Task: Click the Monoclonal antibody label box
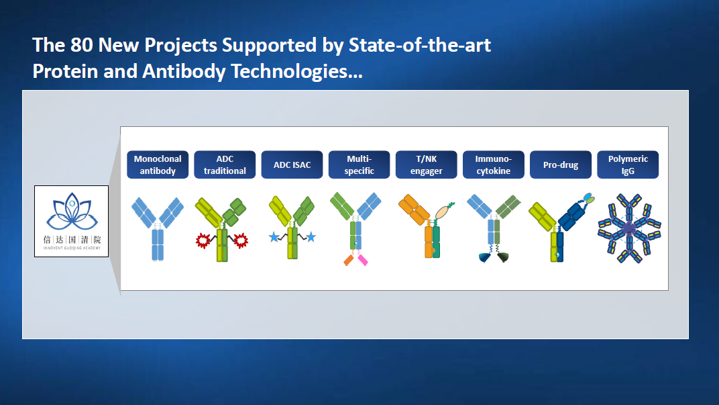[157, 165]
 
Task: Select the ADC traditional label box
[225, 165]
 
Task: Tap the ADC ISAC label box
[292, 165]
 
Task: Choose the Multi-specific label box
[359, 165]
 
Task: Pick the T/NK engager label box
[427, 165]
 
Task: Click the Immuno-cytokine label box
[494, 165]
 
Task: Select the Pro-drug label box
[561, 165]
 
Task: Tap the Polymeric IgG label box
[628, 165]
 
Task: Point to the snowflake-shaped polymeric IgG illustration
[629, 228]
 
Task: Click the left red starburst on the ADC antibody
[203, 240]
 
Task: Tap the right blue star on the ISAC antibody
[311, 237]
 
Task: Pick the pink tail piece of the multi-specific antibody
[363, 260]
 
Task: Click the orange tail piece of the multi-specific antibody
[349, 261]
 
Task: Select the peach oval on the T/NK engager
[442, 212]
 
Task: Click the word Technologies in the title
[296, 72]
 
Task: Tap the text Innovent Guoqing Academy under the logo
[72, 248]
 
